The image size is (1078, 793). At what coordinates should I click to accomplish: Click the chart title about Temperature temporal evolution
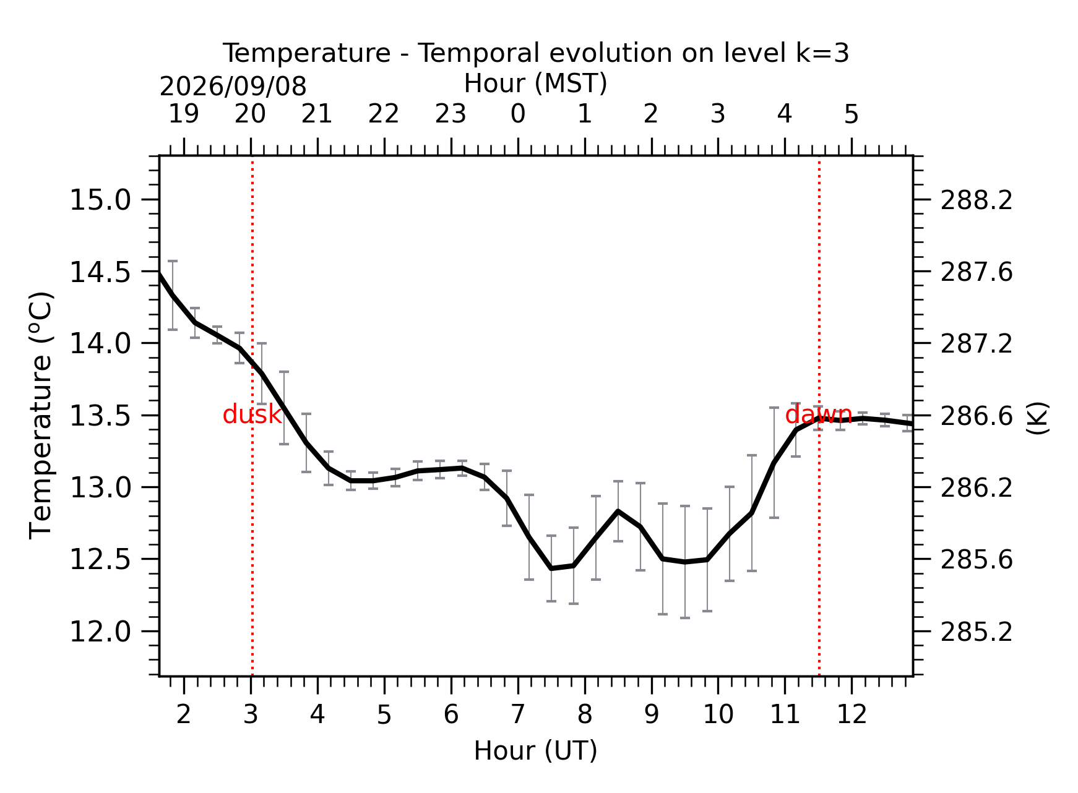pos(536,54)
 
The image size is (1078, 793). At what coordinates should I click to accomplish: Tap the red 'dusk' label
pos(252,414)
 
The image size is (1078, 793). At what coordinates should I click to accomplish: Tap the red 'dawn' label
pos(819,414)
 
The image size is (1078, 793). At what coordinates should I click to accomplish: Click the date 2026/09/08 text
pos(233,87)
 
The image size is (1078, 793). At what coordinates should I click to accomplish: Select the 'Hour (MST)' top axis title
pos(536,84)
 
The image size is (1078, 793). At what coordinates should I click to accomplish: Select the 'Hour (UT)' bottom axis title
pos(536,751)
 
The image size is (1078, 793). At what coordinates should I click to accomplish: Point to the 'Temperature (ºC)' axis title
pos(42,415)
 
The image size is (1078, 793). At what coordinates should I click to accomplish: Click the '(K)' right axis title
pos(1038,418)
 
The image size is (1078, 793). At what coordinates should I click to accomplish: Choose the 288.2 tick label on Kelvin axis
pos(977,200)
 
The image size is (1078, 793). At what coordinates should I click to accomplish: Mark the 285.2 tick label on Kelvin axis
pos(977,632)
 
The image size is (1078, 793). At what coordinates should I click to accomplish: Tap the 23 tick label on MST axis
pos(451,114)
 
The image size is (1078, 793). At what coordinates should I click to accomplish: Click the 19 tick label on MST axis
pos(184,114)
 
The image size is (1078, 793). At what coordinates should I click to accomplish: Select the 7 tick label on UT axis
pos(518,715)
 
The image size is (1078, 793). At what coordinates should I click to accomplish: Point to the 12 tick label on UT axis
pos(852,715)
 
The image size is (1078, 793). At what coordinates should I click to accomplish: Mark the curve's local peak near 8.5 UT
pos(618,511)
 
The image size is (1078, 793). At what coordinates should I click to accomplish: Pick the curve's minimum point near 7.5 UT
pos(551,568)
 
